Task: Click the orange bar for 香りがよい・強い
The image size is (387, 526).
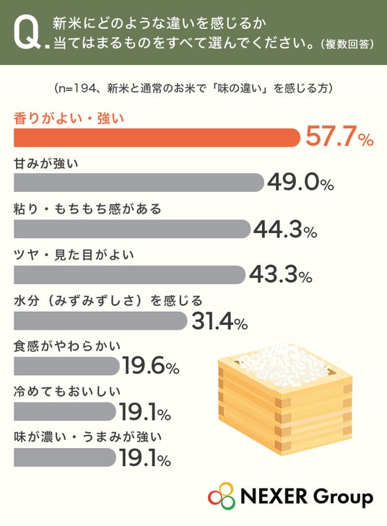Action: [x=157, y=138]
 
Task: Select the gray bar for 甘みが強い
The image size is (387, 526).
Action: [x=139, y=183]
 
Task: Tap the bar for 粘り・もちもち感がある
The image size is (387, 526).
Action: [x=132, y=229]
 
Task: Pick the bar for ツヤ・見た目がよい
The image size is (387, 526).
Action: [x=129, y=275]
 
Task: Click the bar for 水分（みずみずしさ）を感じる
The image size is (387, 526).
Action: [x=100, y=320]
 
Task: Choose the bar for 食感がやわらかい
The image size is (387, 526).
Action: [x=67, y=366]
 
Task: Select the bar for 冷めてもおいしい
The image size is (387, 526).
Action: [x=65, y=411]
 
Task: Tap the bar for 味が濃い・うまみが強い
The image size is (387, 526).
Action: [x=65, y=457]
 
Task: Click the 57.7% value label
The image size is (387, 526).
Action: [x=339, y=137]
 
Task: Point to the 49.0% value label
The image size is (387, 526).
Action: [x=301, y=183]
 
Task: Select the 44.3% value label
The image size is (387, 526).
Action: [x=285, y=229]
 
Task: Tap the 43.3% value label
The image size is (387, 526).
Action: [x=281, y=275]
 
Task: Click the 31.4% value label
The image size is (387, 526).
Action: [x=219, y=321]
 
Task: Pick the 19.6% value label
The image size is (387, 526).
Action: [x=151, y=366]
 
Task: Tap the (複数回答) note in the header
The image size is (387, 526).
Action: [x=347, y=44]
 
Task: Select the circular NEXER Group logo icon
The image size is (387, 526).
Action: [x=222, y=496]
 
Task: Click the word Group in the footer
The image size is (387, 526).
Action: [x=342, y=498]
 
